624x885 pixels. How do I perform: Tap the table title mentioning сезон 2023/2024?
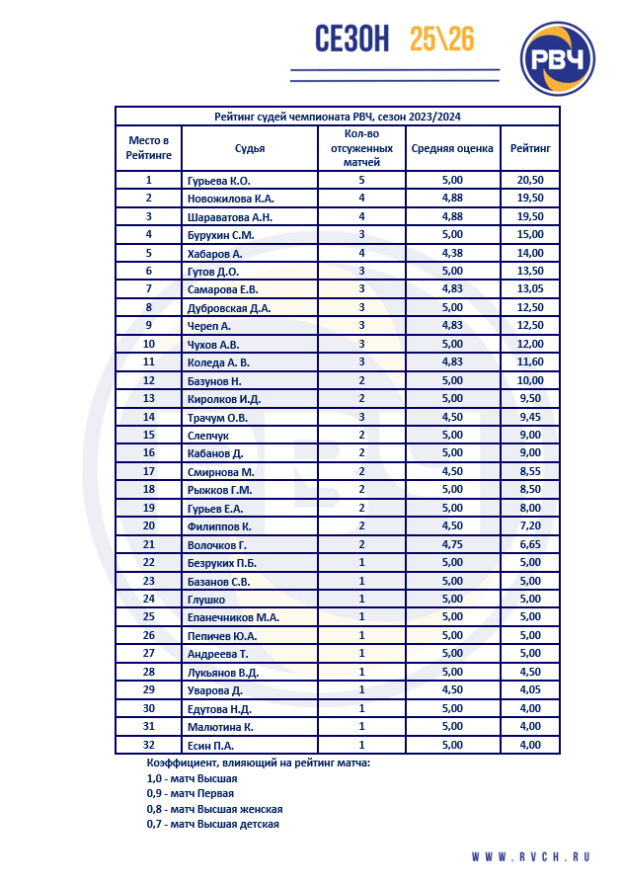[x=338, y=117]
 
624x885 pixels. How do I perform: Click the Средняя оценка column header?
[x=451, y=148]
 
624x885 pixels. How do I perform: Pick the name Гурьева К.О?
[x=219, y=181]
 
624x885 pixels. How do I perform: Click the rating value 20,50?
[x=530, y=181]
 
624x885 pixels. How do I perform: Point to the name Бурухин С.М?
[x=221, y=234]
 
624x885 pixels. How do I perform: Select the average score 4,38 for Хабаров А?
[x=451, y=253]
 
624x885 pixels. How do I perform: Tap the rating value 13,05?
[x=530, y=288]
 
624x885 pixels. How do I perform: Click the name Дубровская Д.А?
[x=229, y=307]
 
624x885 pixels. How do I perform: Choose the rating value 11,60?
[x=530, y=362]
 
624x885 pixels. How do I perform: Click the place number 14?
[x=149, y=417]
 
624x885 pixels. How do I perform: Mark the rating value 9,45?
[x=530, y=417]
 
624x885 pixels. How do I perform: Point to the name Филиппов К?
[x=219, y=525]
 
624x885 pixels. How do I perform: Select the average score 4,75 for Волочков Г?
[x=451, y=544]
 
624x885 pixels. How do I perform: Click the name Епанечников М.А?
[x=233, y=617]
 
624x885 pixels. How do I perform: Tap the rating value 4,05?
[x=530, y=689]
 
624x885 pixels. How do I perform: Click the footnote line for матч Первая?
[x=192, y=793]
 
